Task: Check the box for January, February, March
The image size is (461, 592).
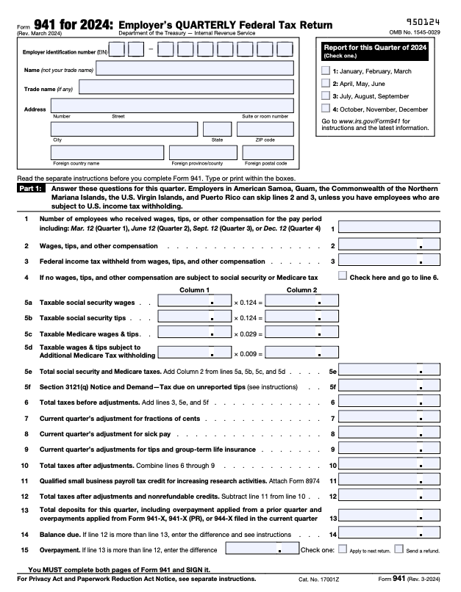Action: click(x=326, y=71)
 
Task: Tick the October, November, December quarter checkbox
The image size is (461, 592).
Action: click(x=326, y=109)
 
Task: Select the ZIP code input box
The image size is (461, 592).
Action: click(x=265, y=129)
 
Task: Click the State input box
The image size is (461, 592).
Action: click(x=217, y=129)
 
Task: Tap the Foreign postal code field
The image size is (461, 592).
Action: click(x=265, y=152)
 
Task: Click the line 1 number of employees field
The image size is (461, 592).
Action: click(x=390, y=228)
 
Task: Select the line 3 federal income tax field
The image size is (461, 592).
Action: click(x=390, y=261)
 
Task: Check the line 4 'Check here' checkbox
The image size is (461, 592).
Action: click(x=343, y=276)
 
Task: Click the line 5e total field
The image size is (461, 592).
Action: click(x=390, y=372)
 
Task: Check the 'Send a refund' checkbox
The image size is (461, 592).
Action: click(x=399, y=549)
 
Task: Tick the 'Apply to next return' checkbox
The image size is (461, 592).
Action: click(x=342, y=549)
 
